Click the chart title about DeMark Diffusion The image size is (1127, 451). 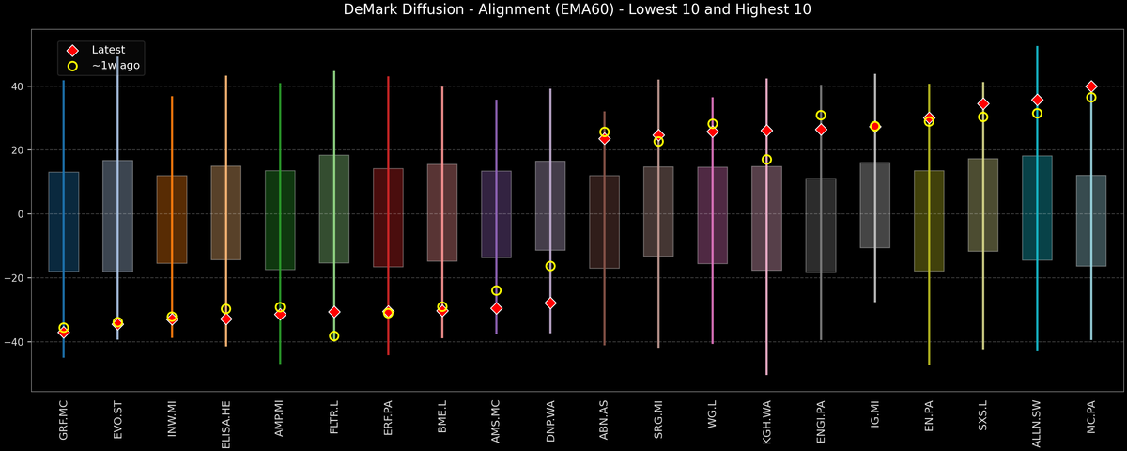[563, 10]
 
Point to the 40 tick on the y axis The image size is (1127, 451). [18, 86]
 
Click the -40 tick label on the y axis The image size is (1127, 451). [15, 342]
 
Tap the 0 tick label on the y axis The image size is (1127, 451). [21, 214]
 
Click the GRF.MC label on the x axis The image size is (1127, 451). [64, 421]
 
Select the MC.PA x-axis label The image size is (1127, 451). [1091, 421]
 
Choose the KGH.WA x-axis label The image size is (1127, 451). [766, 421]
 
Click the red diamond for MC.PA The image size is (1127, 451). [1091, 86]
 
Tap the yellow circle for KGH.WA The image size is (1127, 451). [766, 160]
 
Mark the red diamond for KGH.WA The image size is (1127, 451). [766, 131]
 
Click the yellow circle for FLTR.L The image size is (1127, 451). [334, 336]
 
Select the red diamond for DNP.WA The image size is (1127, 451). [550, 303]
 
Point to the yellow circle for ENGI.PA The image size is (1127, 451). [821, 116]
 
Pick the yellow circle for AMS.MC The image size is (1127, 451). [496, 291]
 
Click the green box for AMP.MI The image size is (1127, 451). [280, 220]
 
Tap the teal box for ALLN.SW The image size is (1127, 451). [1037, 208]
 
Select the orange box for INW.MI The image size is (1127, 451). [172, 219]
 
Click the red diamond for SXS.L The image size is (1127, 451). [983, 104]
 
